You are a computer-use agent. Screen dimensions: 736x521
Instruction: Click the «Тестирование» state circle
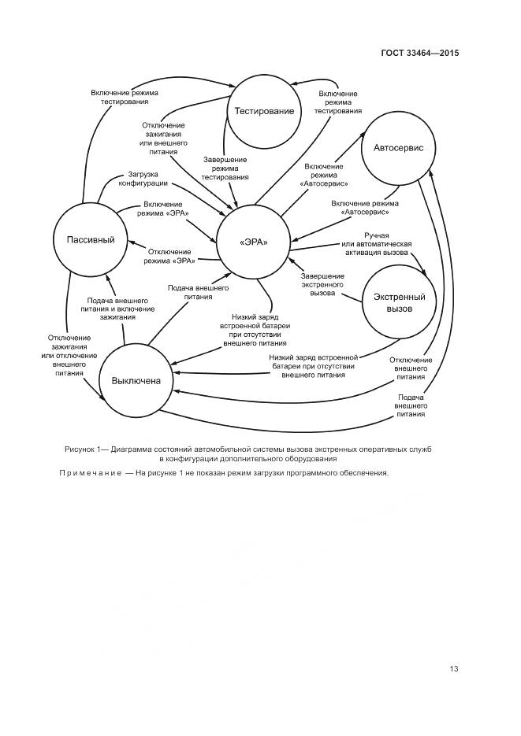click(264, 111)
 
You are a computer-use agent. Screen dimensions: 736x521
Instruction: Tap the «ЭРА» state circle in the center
click(253, 242)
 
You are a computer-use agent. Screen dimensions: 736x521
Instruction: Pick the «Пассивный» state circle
click(85, 239)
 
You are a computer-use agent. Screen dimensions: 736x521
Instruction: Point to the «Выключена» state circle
click(136, 380)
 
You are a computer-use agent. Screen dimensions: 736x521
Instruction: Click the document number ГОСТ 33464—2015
click(419, 54)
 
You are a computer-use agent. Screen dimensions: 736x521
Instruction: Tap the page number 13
click(453, 669)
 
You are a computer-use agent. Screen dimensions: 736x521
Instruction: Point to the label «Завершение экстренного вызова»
click(322, 284)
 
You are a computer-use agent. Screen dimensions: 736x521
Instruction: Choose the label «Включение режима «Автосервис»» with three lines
click(323, 175)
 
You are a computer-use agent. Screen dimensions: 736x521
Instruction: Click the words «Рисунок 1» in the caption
click(85, 448)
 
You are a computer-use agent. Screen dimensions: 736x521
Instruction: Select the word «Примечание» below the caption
click(90, 473)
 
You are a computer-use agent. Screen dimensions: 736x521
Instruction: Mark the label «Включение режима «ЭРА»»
click(163, 209)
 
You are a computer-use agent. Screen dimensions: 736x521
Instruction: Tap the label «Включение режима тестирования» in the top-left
click(125, 97)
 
